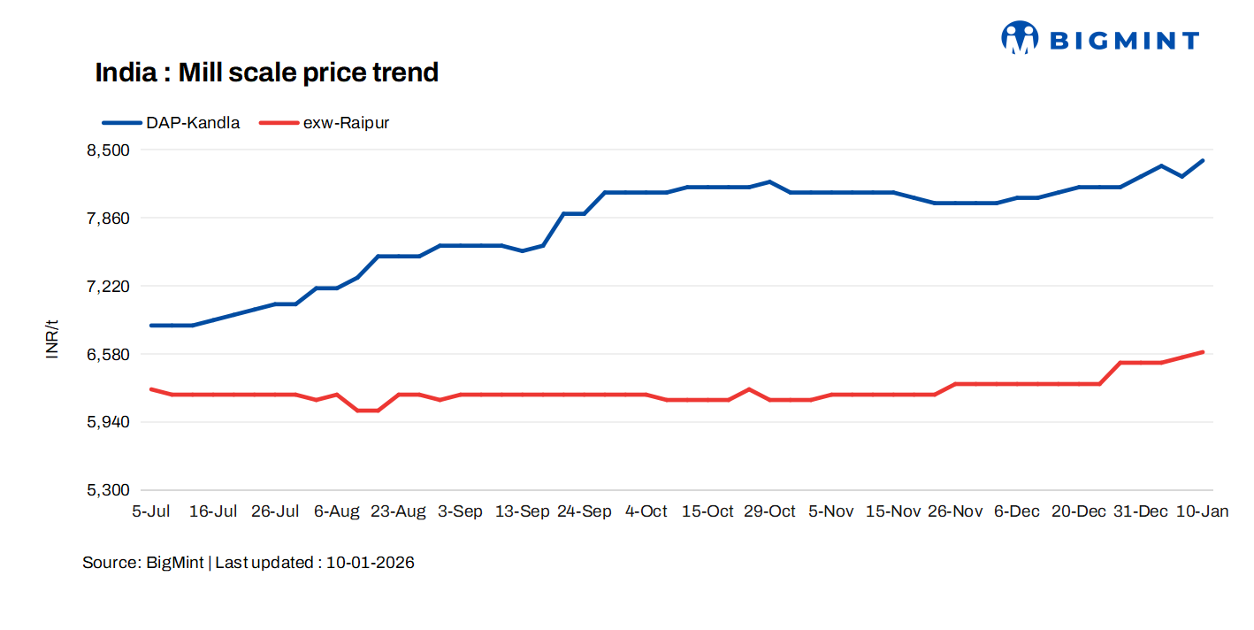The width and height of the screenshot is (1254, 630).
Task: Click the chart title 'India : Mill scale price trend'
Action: pos(266,73)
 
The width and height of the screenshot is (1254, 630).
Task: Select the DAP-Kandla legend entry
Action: pos(172,123)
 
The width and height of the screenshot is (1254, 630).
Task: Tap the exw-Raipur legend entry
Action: pos(325,123)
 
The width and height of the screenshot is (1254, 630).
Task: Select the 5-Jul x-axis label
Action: pos(151,511)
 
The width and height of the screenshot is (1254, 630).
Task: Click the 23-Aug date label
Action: pos(398,511)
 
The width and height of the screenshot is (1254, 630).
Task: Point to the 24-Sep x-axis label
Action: pos(585,511)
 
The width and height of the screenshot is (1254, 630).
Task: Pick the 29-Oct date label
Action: pos(769,511)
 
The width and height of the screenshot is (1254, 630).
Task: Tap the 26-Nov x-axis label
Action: pos(955,511)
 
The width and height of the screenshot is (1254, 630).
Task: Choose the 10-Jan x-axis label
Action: pos(1202,511)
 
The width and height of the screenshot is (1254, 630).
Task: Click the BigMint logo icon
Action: pos(1019,38)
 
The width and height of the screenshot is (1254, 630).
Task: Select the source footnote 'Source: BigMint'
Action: pos(143,563)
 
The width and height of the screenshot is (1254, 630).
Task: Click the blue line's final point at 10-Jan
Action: pos(1203,160)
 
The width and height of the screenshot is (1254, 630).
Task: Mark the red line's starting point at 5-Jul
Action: pos(151,388)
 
